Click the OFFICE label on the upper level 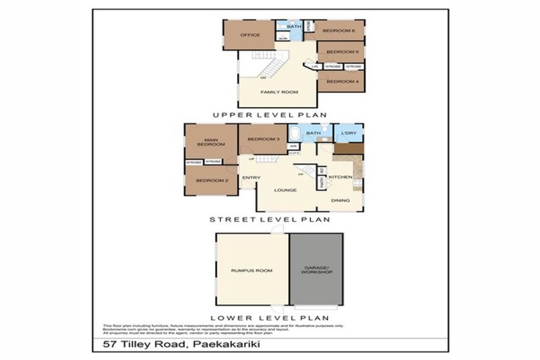(x=250, y=34)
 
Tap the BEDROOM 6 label (x=338, y=31)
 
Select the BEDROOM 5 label (x=342, y=52)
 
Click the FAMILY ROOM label (x=279, y=92)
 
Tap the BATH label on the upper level (x=294, y=27)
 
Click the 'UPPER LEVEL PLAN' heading (x=270, y=115)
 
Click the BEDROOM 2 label (x=212, y=181)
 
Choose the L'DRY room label (x=349, y=134)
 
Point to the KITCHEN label (x=340, y=177)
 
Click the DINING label (x=341, y=200)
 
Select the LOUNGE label (x=285, y=190)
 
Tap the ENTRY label (x=251, y=178)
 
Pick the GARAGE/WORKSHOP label (x=316, y=269)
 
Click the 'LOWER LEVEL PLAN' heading (x=270, y=319)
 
